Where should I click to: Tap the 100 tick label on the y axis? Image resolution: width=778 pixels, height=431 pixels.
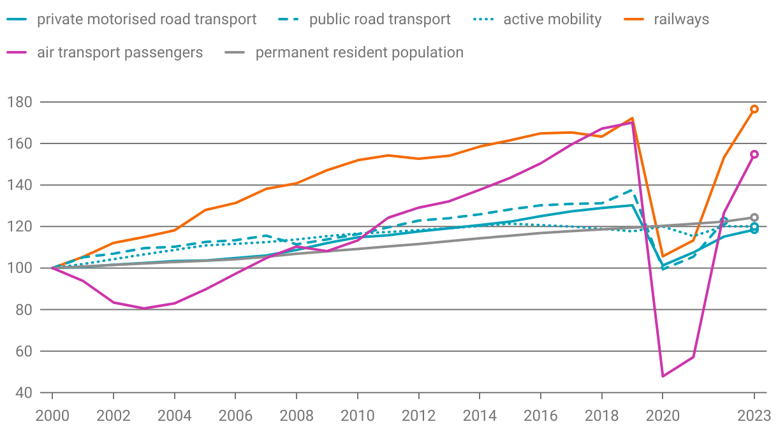18,268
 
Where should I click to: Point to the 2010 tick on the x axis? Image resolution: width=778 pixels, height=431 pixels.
357,416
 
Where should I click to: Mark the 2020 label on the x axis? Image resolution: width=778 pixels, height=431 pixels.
663,416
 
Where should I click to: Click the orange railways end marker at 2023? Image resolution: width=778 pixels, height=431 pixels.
754,109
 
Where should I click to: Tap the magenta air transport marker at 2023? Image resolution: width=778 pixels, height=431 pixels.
754,154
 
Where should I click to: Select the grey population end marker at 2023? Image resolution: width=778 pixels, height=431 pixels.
754,217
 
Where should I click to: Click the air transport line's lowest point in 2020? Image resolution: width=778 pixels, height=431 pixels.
663,376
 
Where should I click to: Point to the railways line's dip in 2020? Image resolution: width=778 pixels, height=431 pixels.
663,256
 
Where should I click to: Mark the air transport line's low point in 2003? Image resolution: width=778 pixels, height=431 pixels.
143,309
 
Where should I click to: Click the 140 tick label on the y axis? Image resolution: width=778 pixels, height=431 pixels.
18,185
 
